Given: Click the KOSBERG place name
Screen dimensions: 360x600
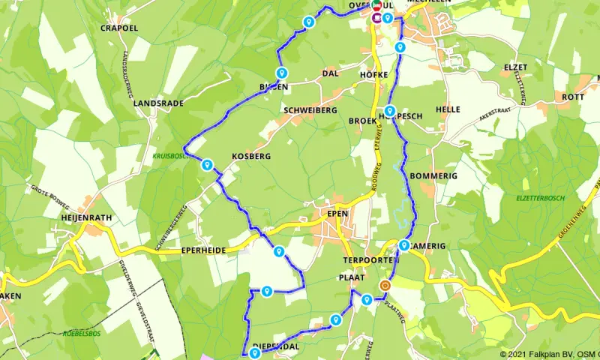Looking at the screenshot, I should tap(250, 156).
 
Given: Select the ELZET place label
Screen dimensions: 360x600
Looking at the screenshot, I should tap(515, 67).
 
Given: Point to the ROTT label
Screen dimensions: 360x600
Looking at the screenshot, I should tap(572, 97).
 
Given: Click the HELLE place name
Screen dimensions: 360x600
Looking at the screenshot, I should tap(448, 109).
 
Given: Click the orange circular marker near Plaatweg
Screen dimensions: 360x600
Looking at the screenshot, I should tap(385, 286).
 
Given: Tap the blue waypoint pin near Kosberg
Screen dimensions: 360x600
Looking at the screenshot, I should tap(206, 165).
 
